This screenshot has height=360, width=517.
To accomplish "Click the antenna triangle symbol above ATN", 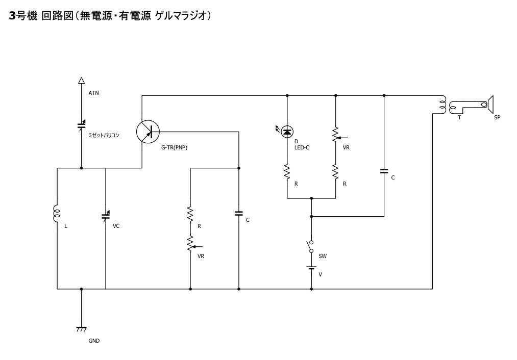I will (81, 80).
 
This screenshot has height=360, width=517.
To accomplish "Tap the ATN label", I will (94, 93).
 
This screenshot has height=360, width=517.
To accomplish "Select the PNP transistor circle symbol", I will (148, 132).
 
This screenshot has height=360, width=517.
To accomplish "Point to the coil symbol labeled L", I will (57, 214).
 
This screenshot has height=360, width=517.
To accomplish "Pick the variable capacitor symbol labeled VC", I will (106, 215).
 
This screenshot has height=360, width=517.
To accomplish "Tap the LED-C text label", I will (302, 147).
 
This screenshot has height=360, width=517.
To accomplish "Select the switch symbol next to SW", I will (311, 246).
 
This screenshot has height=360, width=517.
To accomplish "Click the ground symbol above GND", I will (81, 329).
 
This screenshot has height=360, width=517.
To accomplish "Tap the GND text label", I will (94, 341).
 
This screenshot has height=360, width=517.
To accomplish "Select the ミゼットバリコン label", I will (104, 136).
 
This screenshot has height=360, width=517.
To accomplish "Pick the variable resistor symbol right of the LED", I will (336, 135).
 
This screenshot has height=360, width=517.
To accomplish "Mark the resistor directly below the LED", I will (287, 171).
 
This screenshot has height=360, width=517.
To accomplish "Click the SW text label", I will (323, 256).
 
